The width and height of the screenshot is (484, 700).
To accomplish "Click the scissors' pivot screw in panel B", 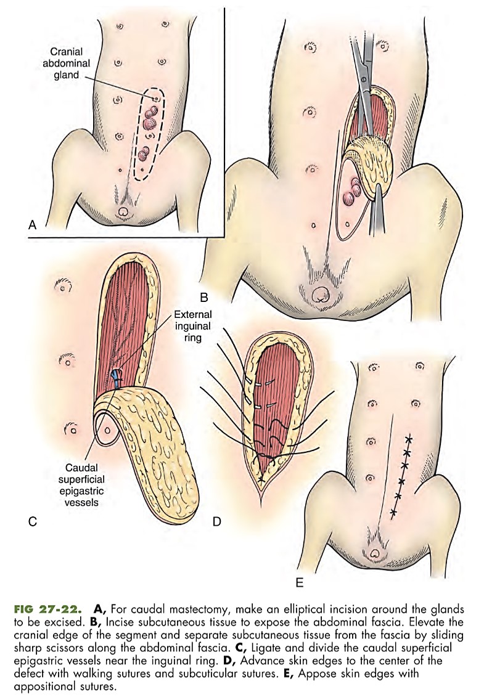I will [364, 79].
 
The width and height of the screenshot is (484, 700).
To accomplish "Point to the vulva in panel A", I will [123, 211].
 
